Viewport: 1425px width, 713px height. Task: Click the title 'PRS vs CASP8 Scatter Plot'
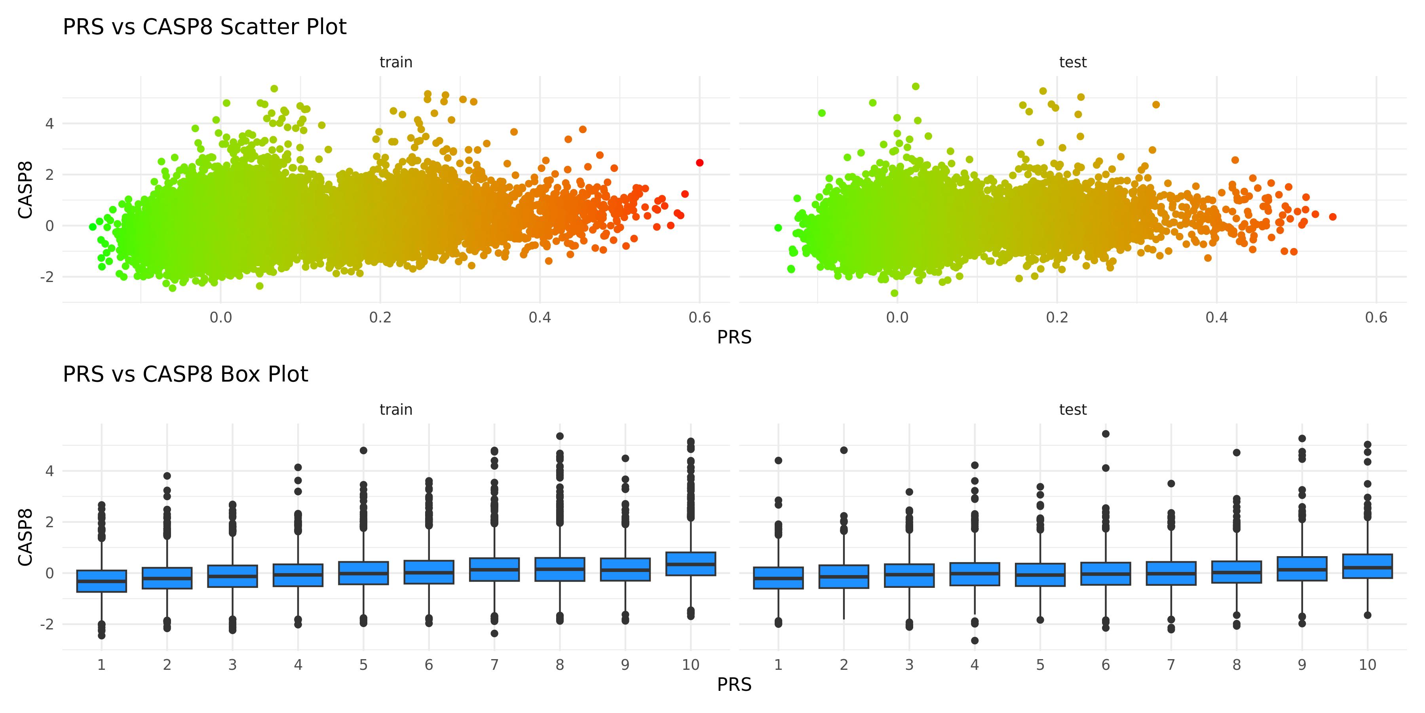(x=204, y=27)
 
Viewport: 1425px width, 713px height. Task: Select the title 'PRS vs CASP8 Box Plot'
(x=185, y=374)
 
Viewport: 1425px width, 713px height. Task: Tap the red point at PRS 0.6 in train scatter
(x=700, y=163)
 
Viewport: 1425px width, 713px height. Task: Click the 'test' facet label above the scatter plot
(x=1073, y=62)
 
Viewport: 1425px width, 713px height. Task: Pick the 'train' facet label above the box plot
(x=396, y=410)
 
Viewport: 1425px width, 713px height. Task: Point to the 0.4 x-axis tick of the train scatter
(x=540, y=317)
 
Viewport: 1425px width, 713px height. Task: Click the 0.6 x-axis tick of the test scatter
(x=1376, y=317)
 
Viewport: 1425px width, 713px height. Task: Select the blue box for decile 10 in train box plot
(x=691, y=564)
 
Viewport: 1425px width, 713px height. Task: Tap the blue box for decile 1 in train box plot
(x=102, y=581)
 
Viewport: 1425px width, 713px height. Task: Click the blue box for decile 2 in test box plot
(x=844, y=576)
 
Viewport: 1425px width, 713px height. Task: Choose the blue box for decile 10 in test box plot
(x=1368, y=566)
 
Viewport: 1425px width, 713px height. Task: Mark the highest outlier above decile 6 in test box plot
(x=1106, y=434)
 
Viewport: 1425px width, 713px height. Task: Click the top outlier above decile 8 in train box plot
(x=560, y=436)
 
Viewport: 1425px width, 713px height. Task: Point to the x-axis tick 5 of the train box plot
(x=363, y=665)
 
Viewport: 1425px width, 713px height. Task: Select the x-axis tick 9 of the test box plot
(x=1302, y=665)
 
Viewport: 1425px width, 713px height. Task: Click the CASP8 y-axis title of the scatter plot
(x=25, y=190)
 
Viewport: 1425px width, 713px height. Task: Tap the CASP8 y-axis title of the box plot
(x=25, y=538)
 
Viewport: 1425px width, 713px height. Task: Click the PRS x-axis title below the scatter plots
(x=734, y=337)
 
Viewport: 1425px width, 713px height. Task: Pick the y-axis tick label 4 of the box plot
(x=50, y=471)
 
